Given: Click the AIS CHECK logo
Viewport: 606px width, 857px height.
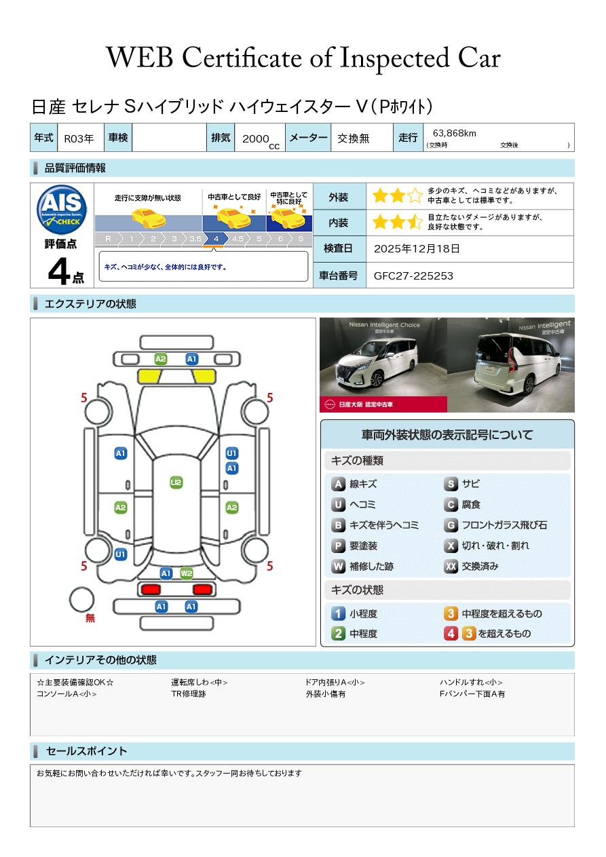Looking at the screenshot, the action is point(62,210).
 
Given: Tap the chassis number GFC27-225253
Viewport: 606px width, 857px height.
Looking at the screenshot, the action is point(413,276).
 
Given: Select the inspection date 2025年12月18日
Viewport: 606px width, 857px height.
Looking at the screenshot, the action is point(417,248).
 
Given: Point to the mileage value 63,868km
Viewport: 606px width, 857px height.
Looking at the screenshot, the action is point(454,133).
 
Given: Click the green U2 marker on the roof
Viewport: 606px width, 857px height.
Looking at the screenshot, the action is point(176,482).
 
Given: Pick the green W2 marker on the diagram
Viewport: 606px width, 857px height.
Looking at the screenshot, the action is point(187,573).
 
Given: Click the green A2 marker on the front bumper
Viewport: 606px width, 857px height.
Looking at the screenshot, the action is point(161,359).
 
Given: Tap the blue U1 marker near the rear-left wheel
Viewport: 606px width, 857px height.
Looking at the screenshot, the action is point(121,554).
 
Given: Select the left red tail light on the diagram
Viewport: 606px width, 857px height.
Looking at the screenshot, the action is point(151,589).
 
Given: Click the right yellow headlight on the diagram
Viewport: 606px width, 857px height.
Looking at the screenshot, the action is point(204,377).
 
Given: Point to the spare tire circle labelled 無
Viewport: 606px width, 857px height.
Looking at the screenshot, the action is point(81,600).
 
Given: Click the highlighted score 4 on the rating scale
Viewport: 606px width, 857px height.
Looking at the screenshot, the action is point(216,239).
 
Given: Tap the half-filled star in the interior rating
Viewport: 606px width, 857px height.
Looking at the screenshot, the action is point(415,222).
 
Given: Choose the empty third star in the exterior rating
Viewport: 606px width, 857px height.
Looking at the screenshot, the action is point(415,195).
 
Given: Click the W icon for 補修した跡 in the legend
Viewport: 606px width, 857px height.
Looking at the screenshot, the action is point(338,566).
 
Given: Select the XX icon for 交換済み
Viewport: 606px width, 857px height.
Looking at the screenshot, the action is point(451,566).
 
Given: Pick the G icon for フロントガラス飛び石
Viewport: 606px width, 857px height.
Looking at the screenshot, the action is point(451,525).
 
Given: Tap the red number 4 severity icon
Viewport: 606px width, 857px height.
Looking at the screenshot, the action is point(451,634).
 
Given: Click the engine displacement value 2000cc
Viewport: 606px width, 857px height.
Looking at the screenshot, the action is point(261,140).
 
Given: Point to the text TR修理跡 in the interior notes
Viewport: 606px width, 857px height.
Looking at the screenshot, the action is point(189,693).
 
